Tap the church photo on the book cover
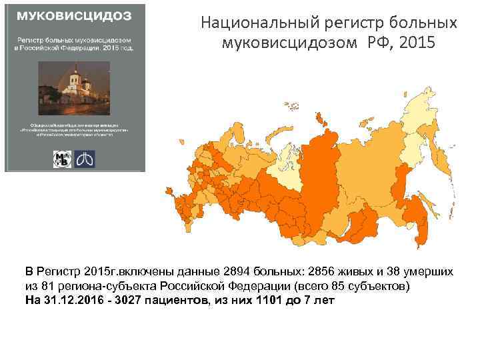tap(75, 87)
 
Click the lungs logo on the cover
tap(86, 159)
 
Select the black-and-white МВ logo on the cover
tap(63, 159)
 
